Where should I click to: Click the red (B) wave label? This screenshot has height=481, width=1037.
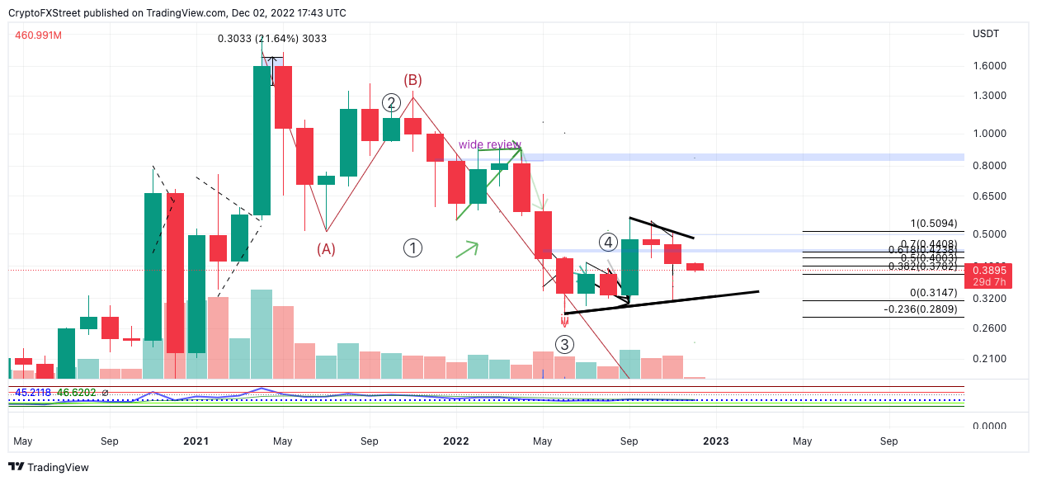pos(412,80)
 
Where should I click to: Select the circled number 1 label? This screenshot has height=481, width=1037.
pos(412,248)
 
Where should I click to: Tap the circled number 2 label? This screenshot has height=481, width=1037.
pos(391,103)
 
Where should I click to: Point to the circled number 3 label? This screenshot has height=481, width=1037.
pos(564,344)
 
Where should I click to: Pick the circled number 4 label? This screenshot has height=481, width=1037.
pos(608,243)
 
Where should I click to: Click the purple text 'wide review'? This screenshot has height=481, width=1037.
pos(489,145)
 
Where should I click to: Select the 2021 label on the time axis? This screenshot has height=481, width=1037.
pos(196,441)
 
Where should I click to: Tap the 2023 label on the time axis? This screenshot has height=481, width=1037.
pos(715,441)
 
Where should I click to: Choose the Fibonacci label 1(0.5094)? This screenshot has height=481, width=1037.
pos(932,224)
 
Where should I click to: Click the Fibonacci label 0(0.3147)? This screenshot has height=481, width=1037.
pos(932,293)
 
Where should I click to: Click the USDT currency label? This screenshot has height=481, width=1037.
pos(986,34)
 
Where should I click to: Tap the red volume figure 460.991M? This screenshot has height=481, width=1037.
pos(39,35)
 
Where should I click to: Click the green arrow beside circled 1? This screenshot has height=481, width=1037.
pos(467,248)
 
